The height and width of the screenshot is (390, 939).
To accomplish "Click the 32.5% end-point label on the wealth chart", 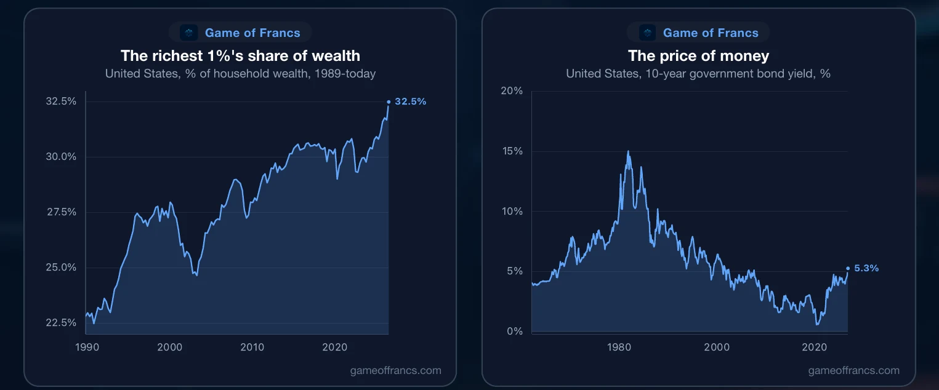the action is tap(411, 101).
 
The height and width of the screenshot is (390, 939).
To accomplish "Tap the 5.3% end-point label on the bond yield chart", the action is tap(866, 268).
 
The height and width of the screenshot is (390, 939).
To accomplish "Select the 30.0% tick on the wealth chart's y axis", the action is tap(61, 157).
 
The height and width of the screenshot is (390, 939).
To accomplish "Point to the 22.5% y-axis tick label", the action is tap(61, 322).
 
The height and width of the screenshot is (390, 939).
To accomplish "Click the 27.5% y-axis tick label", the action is tap(62, 212).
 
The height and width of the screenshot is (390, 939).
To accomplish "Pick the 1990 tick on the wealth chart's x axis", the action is tap(87, 348).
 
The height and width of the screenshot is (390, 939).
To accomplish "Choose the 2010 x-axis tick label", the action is tap(252, 348).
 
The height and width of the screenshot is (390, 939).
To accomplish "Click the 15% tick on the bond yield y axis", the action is tap(513, 151).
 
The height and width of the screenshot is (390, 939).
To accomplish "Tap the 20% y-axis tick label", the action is tap(512, 91).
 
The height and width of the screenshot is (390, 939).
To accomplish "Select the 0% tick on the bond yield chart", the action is tap(515, 332).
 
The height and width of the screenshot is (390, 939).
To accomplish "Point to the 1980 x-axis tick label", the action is tap(619, 348).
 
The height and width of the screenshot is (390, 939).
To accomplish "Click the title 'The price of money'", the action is tap(698, 56).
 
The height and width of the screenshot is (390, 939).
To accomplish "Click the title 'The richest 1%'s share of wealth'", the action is tap(240, 56).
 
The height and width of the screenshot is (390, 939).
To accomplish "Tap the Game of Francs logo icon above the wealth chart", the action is tap(188, 33).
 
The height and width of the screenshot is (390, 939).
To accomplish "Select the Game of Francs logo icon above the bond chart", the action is tap(647, 33).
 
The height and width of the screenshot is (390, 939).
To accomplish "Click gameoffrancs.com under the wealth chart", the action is tap(396, 370).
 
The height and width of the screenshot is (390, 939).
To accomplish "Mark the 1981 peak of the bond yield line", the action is tap(628, 151).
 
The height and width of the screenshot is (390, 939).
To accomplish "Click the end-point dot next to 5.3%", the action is tap(848, 269).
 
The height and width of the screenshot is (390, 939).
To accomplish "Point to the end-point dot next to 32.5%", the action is tap(389, 101).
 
